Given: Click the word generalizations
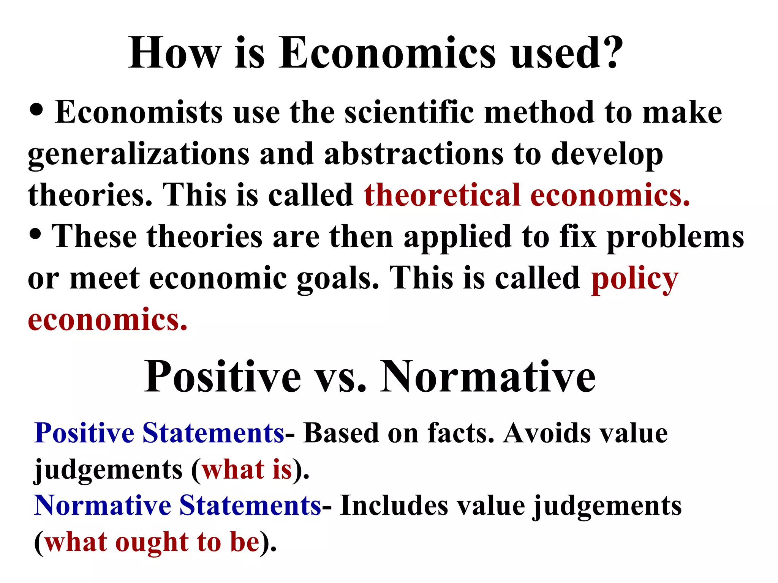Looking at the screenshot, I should pyautogui.click(x=139, y=155).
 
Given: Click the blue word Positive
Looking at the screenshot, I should pyautogui.click(x=84, y=433).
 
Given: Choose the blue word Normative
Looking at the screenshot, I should pyautogui.click(x=103, y=506).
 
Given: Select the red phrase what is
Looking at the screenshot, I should pyautogui.click(x=247, y=470).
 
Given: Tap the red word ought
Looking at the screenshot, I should pyautogui.click(x=151, y=543).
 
